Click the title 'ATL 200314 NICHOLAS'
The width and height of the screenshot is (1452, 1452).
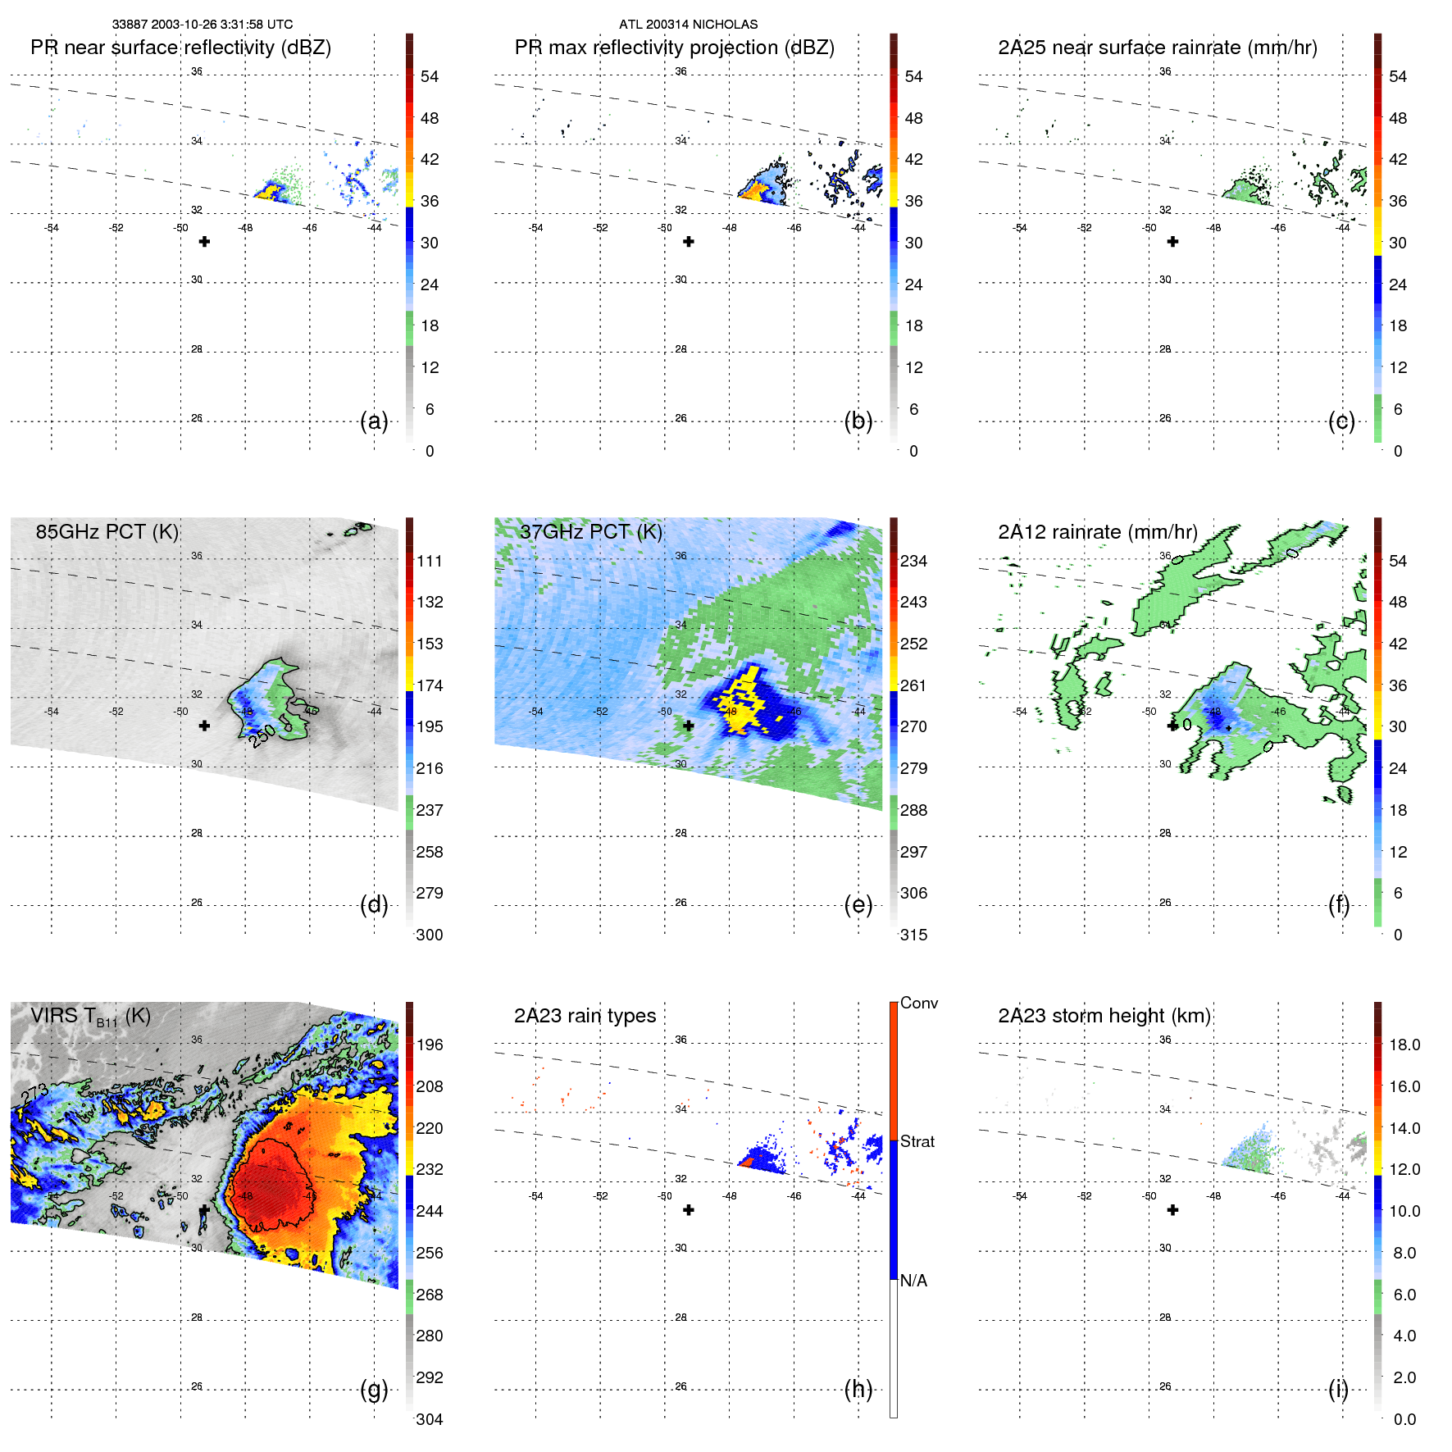coord(688,25)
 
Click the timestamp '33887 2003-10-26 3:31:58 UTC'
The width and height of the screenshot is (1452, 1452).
coord(203,25)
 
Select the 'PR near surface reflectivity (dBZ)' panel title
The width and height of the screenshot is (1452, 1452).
coord(180,48)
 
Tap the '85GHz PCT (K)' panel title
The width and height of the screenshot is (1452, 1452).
coord(107,531)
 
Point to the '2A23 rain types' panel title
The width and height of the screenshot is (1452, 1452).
coord(585,1016)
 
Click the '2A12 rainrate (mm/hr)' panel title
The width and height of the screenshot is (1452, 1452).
coord(1097,531)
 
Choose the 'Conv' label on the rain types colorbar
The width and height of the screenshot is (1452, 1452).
coord(918,1003)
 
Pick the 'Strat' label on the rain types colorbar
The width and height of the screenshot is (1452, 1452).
coord(917,1141)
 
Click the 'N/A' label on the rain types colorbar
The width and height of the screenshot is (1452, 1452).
coord(913,1281)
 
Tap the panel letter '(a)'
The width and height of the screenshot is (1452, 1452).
coord(374,421)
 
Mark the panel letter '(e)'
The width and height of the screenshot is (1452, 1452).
coord(858,905)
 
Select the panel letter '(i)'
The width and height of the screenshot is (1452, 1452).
coord(1338,1389)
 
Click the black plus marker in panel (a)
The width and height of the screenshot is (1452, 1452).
coord(204,242)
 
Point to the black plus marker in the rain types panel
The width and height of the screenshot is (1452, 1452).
coord(689,1210)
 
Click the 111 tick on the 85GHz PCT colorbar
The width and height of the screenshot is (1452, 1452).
coord(429,561)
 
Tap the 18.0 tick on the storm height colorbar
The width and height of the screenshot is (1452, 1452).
coord(1404,1045)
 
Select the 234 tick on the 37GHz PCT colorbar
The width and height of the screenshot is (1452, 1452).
coord(913,561)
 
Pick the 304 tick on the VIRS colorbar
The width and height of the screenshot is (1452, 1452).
coord(429,1419)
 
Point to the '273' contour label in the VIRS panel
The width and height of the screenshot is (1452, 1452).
coord(34,1095)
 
